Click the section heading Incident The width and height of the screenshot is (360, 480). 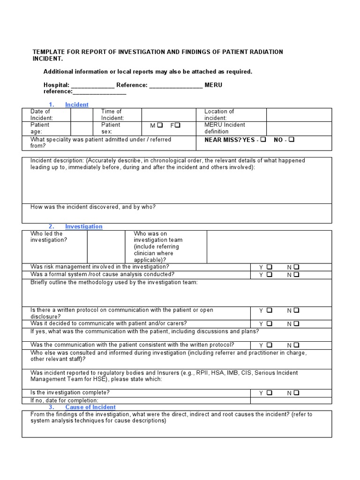pyautogui.click(x=76, y=105)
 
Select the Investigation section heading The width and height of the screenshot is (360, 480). pyautogui.click(x=83, y=226)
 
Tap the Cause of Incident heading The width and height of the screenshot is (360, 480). pyautogui.click(x=90, y=407)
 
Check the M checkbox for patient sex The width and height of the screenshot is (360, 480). pyautogui.click(x=160, y=126)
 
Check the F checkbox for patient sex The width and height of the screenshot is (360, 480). pyautogui.click(x=178, y=126)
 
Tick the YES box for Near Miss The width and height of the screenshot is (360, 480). pyautogui.click(x=263, y=140)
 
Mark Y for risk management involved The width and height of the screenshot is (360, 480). pyautogui.click(x=270, y=267)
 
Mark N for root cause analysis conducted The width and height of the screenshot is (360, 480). pyautogui.click(x=297, y=275)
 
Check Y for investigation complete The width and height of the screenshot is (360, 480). pyautogui.click(x=270, y=393)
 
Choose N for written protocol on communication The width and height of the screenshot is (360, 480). pyautogui.click(x=297, y=310)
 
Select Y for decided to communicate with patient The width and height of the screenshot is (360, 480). pyautogui.click(x=270, y=324)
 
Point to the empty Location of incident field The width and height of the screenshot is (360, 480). pyautogui.click(x=299, y=115)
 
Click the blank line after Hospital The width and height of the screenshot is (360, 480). pyautogui.click(x=92, y=85)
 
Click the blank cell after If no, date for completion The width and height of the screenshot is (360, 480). pyautogui.click(x=291, y=400)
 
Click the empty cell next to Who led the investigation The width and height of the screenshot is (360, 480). pyautogui.click(x=106, y=247)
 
